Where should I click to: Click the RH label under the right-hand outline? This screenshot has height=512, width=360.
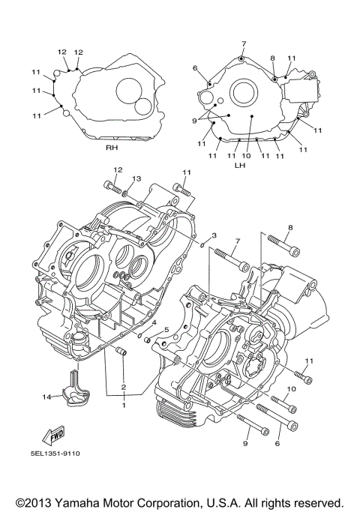coord(112,148)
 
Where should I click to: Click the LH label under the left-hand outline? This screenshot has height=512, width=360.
coord(239,164)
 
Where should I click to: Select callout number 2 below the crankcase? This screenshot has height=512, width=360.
coord(124,388)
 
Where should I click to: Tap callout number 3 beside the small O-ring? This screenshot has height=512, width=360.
coord(214,235)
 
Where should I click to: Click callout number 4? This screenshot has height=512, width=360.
coord(154,322)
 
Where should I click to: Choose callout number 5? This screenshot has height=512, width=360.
coord(166,330)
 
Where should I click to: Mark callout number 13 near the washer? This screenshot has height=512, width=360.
coord(136,178)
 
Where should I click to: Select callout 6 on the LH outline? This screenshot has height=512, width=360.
coord(195,68)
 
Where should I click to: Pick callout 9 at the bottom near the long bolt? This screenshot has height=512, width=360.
coord(245,444)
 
